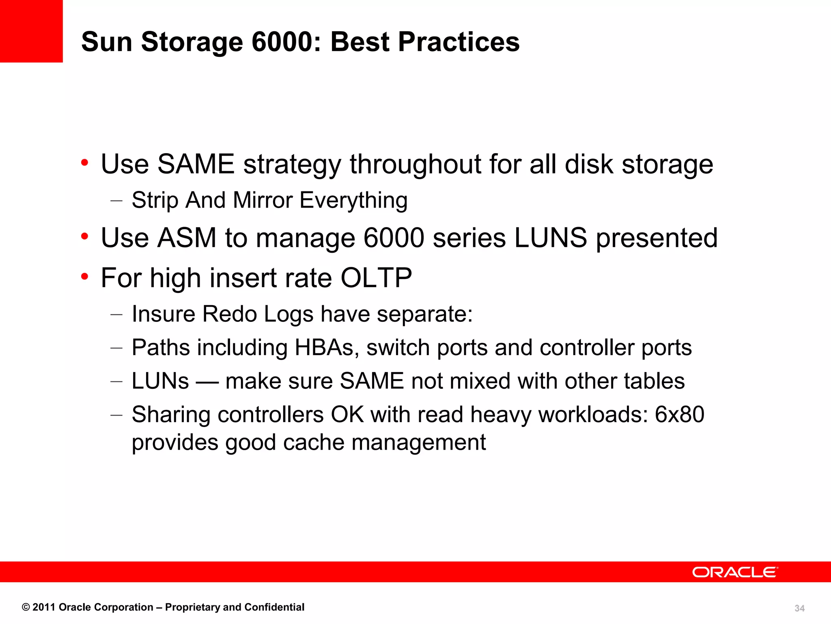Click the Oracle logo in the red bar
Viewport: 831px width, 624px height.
pos(734,572)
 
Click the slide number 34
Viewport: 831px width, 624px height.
pos(799,608)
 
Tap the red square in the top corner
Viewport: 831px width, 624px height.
pos(31,31)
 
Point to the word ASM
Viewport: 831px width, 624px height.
pos(187,238)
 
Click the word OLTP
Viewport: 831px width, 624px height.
pos(376,278)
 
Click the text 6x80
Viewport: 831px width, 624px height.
pos(680,415)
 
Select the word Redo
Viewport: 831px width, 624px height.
pos(229,314)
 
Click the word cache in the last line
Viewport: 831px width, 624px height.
pos(314,442)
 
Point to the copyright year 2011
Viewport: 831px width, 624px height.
pos(44,607)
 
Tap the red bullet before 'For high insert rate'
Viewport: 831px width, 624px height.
pos(84,277)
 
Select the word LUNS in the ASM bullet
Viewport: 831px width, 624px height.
pos(551,238)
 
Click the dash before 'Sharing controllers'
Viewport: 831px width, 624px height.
pos(116,415)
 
